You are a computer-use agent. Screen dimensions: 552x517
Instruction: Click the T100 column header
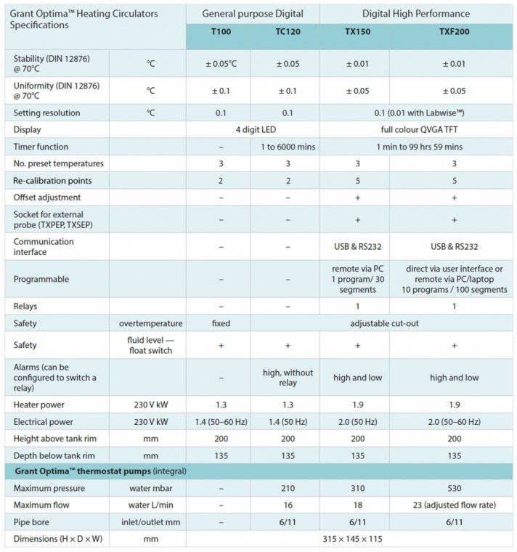pyautogui.click(x=221, y=33)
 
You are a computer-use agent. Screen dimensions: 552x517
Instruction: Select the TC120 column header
pyautogui.click(x=288, y=33)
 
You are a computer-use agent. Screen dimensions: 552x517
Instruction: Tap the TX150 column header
pyautogui.click(x=357, y=33)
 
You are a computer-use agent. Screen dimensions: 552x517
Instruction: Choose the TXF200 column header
pyautogui.click(x=455, y=33)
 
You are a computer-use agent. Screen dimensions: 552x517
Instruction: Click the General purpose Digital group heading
pyautogui.click(x=253, y=13)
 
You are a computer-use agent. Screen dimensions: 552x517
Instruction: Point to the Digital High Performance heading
pyautogui.click(x=416, y=13)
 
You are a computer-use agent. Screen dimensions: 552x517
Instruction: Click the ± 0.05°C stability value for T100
pyautogui.click(x=221, y=63)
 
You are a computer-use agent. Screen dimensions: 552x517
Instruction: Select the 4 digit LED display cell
pyautogui.click(x=253, y=129)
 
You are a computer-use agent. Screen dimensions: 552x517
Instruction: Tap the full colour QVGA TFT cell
pyautogui.click(x=416, y=129)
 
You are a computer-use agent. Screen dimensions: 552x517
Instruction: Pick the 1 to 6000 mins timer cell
pyautogui.click(x=288, y=147)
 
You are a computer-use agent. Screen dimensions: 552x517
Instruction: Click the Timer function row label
pyautogui.click(x=41, y=147)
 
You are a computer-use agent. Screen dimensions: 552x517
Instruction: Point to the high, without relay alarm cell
pyautogui.click(x=288, y=378)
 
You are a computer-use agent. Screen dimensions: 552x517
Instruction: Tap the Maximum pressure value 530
pyautogui.click(x=455, y=489)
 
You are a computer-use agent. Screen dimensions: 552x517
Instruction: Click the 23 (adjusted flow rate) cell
pyautogui.click(x=455, y=506)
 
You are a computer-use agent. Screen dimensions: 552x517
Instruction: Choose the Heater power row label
pyautogui.click(x=39, y=405)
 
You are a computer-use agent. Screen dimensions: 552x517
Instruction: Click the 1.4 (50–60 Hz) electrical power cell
pyautogui.click(x=221, y=421)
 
